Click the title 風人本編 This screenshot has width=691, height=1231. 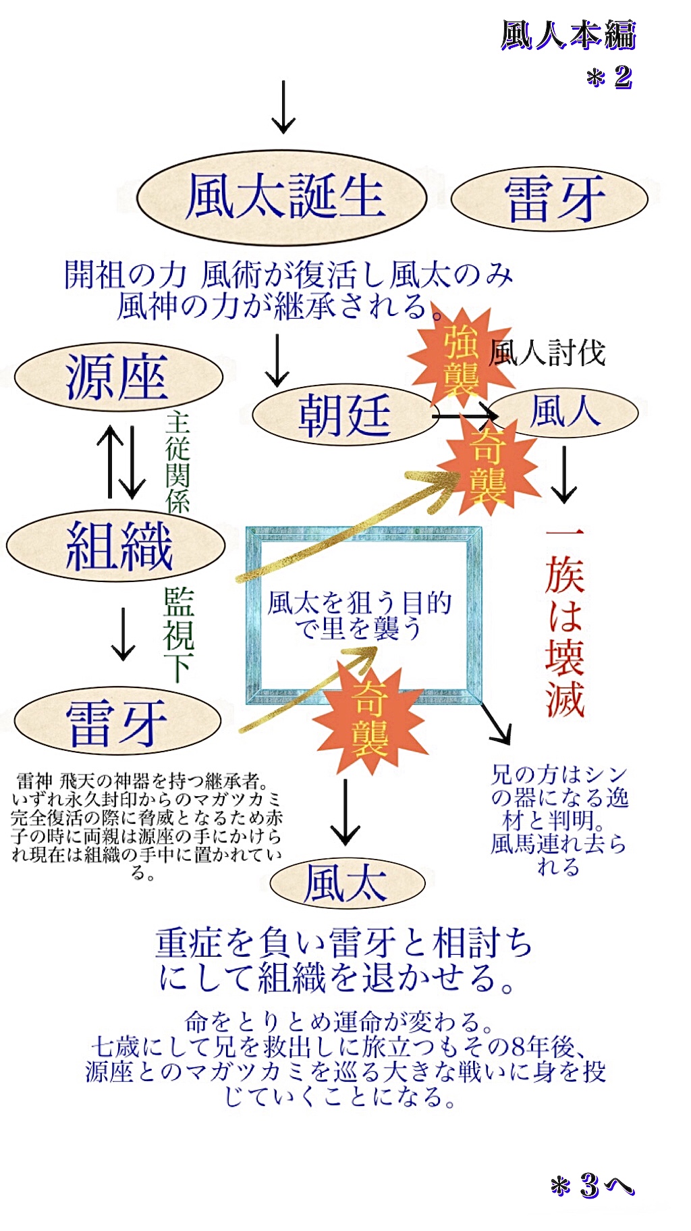pos(568,35)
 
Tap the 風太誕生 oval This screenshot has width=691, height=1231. pos(282,197)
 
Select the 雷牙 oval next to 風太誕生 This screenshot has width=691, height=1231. pos(549,199)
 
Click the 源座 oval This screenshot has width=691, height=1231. pos(119,377)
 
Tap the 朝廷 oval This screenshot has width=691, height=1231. pos(344,415)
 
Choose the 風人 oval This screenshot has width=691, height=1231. pos(564,412)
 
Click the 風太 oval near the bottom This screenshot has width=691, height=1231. pos(347,883)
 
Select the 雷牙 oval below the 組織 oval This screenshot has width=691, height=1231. pos(117,722)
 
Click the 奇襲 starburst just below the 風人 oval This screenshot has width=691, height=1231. pos(487,466)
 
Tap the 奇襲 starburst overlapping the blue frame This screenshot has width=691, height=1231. pos(370,719)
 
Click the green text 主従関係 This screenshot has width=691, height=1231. pos(177,462)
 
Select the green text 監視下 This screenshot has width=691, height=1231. pos(179,634)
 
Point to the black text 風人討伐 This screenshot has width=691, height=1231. pos(547,352)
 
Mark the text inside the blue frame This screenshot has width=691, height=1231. pos(358,615)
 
